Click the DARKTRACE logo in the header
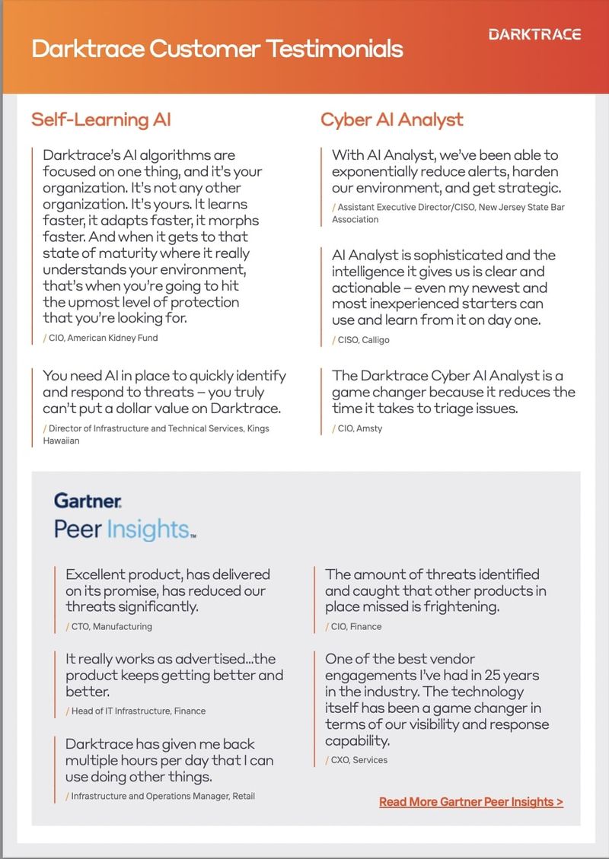(534, 34)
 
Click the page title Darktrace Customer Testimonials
(217, 49)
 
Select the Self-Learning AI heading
(101, 119)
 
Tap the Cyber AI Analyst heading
(392, 119)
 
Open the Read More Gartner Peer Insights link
(471, 801)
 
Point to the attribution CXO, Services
(359, 759)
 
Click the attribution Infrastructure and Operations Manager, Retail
(163, 796)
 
